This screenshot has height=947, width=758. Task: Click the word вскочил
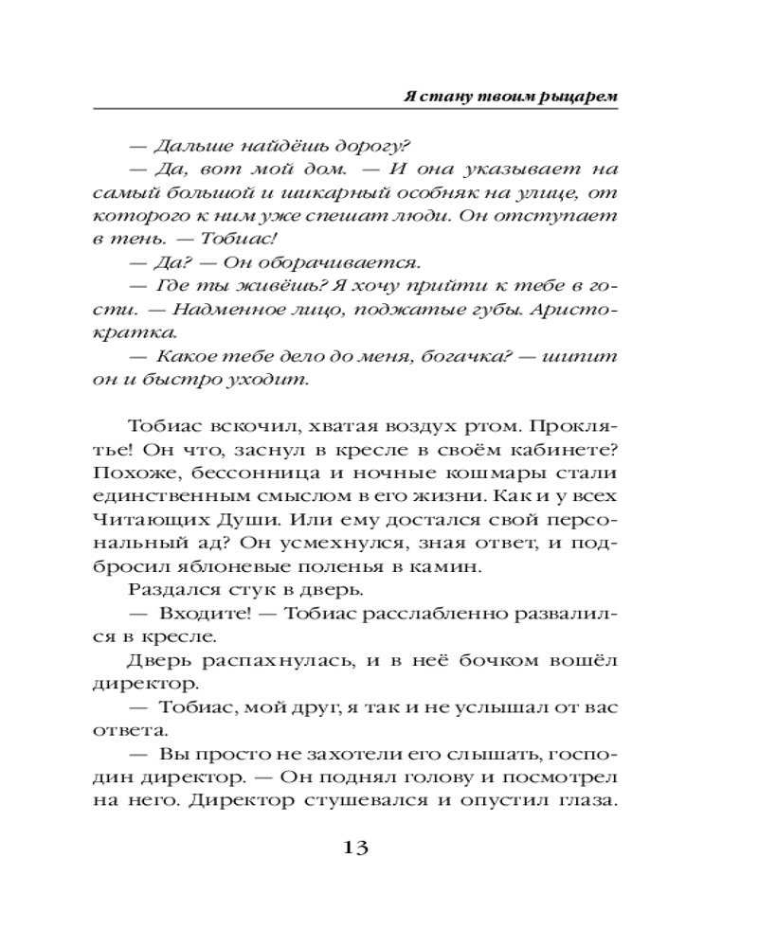245,425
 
